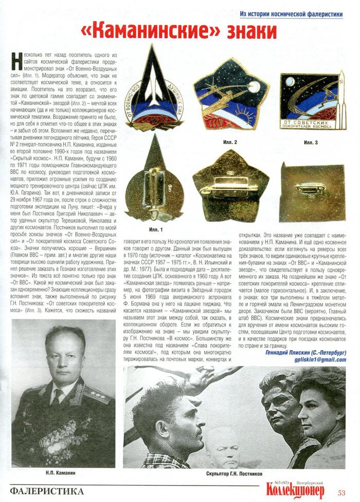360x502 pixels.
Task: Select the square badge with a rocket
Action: coord(312,100)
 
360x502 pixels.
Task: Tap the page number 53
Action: coord(341,492)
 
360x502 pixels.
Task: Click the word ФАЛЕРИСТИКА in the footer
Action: coord(47,491)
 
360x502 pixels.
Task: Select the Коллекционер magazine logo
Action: coord(296,489)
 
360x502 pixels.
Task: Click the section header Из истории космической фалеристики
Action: coord(291,14)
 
